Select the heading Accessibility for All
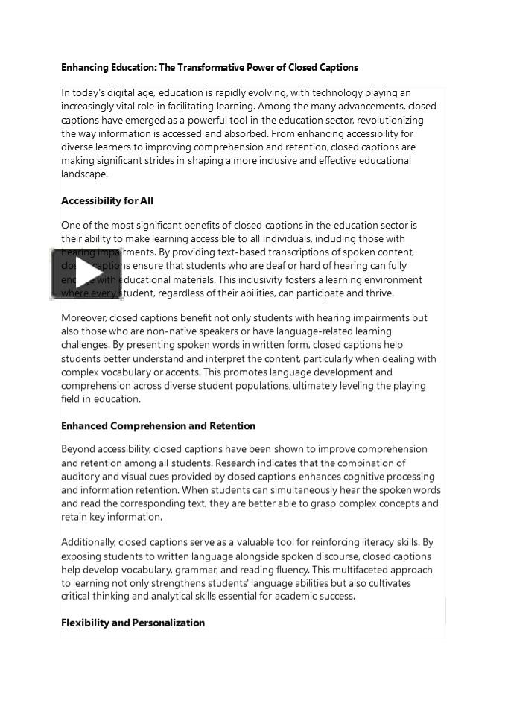(x=107, y=201)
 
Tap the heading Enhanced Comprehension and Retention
(x=158, y=426)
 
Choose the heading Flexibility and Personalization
(x=133, y=623)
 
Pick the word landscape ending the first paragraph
(x=84, y=174)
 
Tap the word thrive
(x=379, y=293)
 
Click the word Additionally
(x=88, y=543)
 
